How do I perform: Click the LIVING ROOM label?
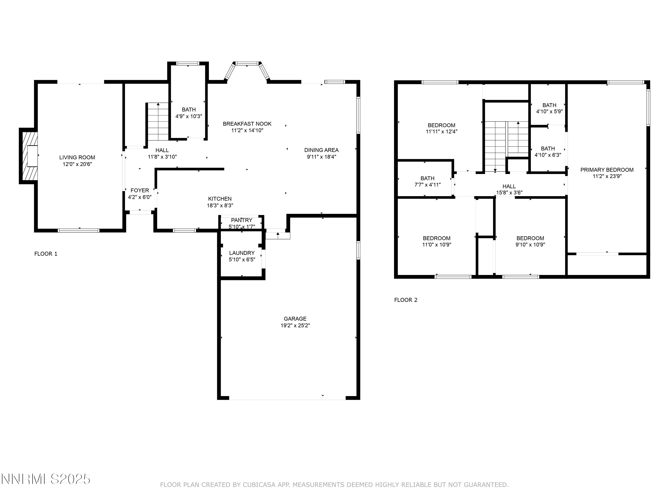pos(77,157)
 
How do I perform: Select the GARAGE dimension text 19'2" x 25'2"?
pos(295,326)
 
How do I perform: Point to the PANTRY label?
pos(242,220)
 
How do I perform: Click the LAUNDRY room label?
pos(242,253)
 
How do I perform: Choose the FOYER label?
pos(140,190)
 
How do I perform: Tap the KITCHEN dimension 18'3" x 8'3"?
pos(220,205)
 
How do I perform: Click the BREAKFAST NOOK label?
pos(247,124)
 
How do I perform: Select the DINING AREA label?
pos(322,150)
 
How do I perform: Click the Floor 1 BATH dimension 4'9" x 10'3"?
pos(189,116)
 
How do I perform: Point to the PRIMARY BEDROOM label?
pos(607,170)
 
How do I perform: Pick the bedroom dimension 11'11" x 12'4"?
pos(442,132)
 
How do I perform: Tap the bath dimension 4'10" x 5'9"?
pos(549,111)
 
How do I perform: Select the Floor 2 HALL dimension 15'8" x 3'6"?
pos(509,193)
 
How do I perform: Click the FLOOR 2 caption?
pos(406,300)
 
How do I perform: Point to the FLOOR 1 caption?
pos(46,254)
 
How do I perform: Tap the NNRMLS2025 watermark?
pos(46,479)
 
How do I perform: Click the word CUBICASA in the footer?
pos(259,485)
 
